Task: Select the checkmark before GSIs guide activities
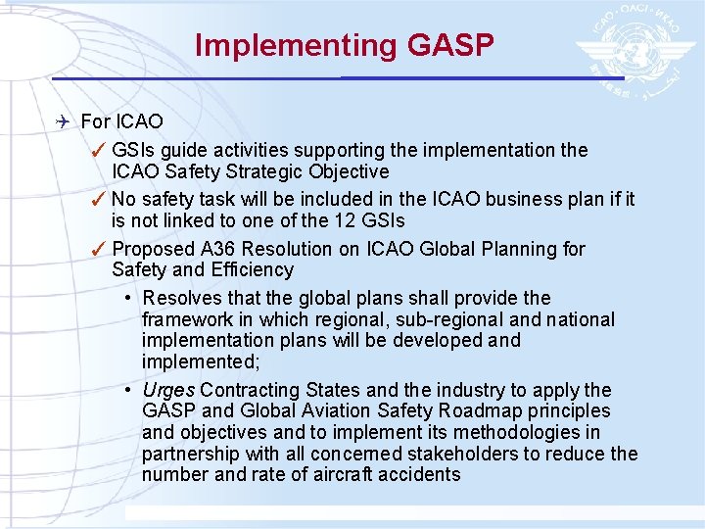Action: (98, 150)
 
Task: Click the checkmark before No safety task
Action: (98, 199)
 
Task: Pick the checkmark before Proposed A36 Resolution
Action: (98, 249)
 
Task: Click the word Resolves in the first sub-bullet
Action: (182, 298)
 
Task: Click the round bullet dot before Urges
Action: (129, 390)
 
